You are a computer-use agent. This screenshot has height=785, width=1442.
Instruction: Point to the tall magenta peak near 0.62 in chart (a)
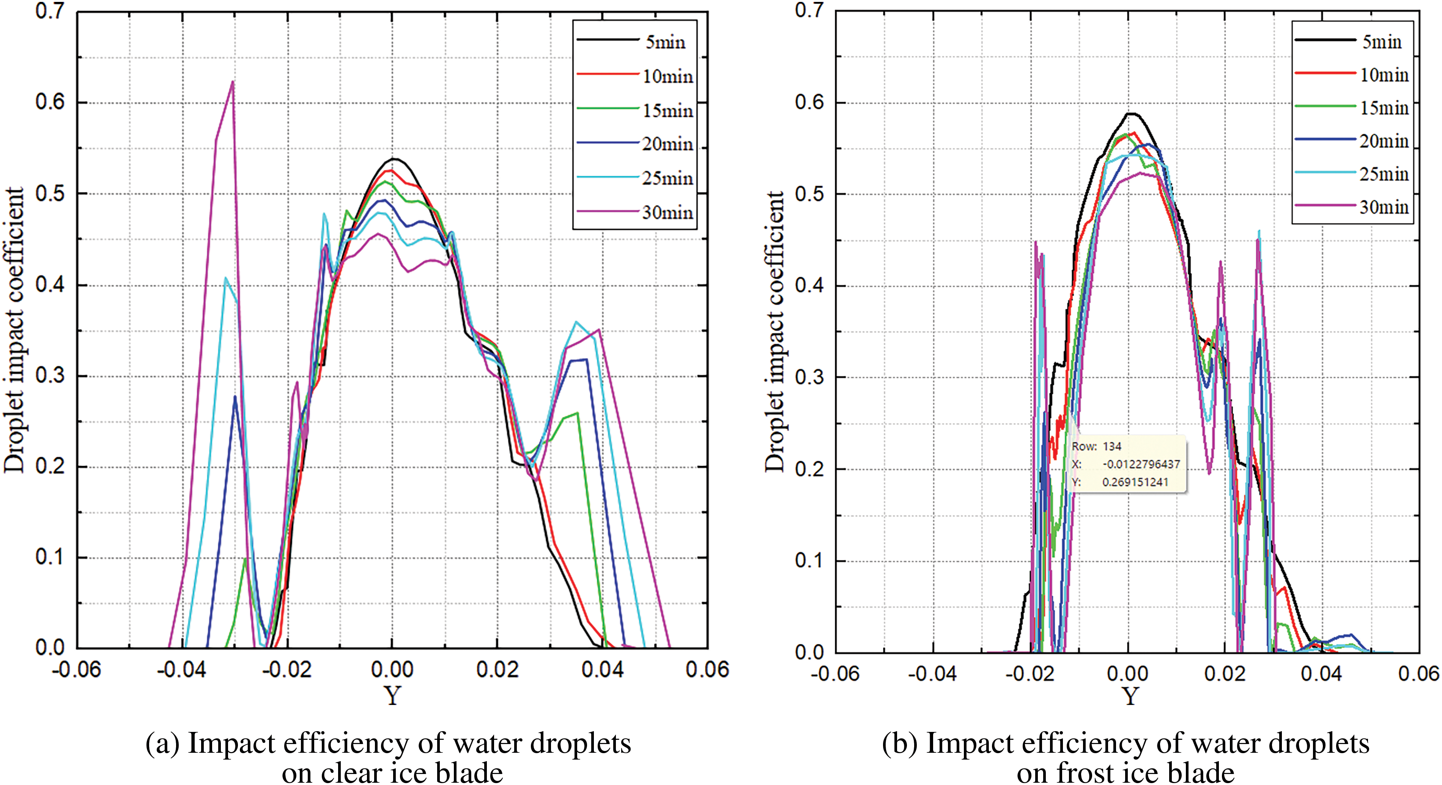coord(232,82)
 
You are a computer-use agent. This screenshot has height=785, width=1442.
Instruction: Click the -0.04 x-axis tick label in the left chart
coord(181,669)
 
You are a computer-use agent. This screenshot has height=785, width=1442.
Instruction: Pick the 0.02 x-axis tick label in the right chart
coord(1225,673)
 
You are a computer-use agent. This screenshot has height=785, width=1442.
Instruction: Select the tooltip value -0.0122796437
coord(1141,465)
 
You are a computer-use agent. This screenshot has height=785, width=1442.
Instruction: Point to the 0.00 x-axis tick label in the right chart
coord(1127,673)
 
